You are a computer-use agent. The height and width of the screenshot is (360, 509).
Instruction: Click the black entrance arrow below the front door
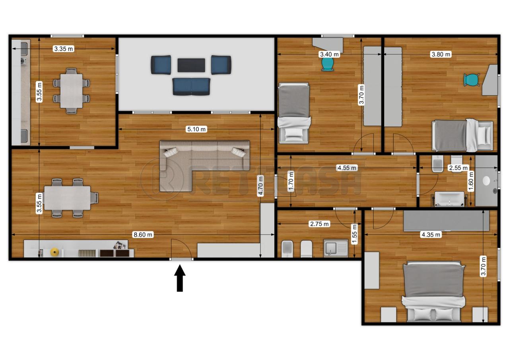pyautogui.click(x=180, y=278)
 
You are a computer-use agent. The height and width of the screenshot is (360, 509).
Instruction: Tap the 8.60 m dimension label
pyautogui.click(x=143, y=235)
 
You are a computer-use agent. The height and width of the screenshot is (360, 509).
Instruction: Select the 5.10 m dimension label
pyautogui.click(x=196, y=129)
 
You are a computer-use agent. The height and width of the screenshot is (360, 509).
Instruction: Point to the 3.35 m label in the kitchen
pyautogui.click(x=64, y=49)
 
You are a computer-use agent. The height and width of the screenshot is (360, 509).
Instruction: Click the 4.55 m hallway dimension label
pyautogui.click(x=347, y=168)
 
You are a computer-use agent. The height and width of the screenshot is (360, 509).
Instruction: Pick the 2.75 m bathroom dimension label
pyautogui.click(x=319, y=224)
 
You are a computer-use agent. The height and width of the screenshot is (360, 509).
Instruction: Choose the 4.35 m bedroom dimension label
pyautogui.click(x=431, y=235)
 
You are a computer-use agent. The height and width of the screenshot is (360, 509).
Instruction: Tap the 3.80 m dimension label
pyautogui.click(x=441, y=54)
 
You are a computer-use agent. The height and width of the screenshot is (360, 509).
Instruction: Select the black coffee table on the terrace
pyautogui.click(x=191, y=65)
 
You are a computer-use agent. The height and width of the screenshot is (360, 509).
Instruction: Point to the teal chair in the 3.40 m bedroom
pyautogui.click(x=327, y=64)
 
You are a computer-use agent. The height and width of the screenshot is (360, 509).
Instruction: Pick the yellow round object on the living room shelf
pyautogui.click(x=54, y=252)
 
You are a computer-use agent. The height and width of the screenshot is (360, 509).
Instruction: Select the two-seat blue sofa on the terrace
pyautogui.click(x=191, y=87)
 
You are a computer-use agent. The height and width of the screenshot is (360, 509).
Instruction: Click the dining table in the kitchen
pyautogui.click(x=71, y=91)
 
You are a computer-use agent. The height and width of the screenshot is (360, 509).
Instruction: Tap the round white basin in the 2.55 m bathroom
pyautogui.click(x=486, y=181)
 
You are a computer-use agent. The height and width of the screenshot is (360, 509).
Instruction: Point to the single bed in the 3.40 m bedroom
pyautogui.click(x=293, y=113)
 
